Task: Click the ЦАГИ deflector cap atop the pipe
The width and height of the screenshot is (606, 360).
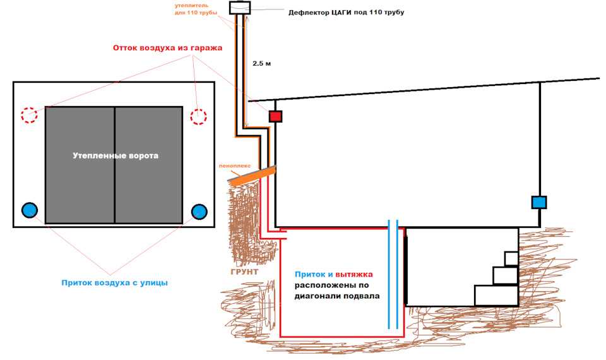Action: (x=240, y=8)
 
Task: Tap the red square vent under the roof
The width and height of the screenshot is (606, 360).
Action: (x=276, y=116)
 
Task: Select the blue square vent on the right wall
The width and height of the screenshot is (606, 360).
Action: (x=539, y=202)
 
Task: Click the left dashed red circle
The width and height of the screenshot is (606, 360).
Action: (x=29, y=115)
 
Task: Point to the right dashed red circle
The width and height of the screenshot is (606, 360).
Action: (x=199, y=116)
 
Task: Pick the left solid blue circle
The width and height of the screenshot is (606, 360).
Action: (x=30, y=210)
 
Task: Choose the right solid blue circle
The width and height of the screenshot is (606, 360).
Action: (x=199, y=212)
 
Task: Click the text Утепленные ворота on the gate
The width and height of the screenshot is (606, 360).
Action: (x=116, y=156)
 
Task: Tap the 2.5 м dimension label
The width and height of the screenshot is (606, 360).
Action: (x=261, y=63)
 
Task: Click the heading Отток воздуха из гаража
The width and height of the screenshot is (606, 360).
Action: (x=168, y=48)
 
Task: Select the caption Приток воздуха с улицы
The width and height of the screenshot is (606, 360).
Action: (x=115, y=283)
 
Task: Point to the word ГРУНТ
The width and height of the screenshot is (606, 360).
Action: (x=244, y=272)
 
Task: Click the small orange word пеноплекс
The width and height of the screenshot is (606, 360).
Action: (x=235, y=166)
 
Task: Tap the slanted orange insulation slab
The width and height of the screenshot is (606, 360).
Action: (x=252, y=174)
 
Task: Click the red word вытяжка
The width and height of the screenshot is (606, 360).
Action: (x=354, y=275)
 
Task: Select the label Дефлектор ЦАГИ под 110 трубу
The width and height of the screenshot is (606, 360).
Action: (x=347, y=13)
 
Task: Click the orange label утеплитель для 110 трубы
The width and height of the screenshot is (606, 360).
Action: (x=196, y=9)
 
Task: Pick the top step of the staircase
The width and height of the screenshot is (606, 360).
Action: (x=511, y=259)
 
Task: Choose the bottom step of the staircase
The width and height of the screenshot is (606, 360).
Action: (x=496, y=296)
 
